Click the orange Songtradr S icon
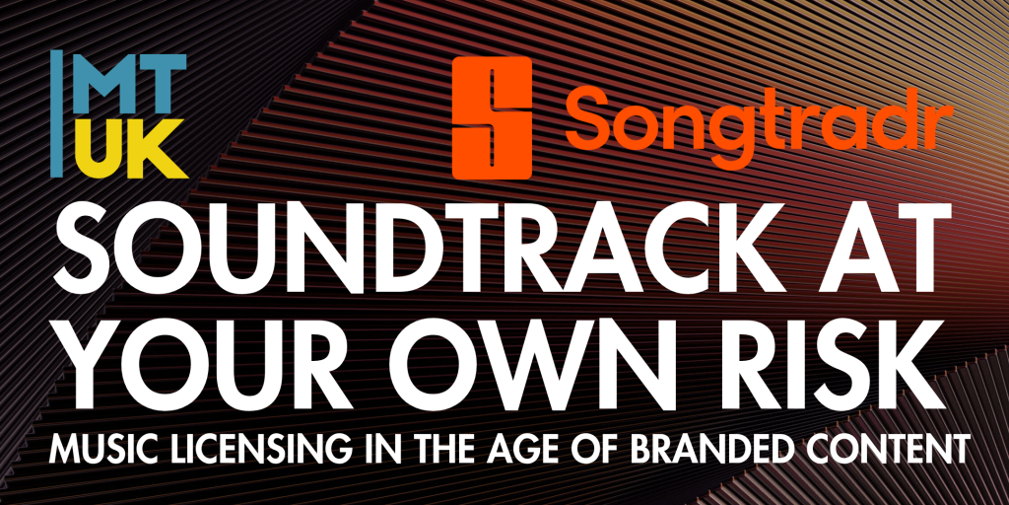click(493, 118)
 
